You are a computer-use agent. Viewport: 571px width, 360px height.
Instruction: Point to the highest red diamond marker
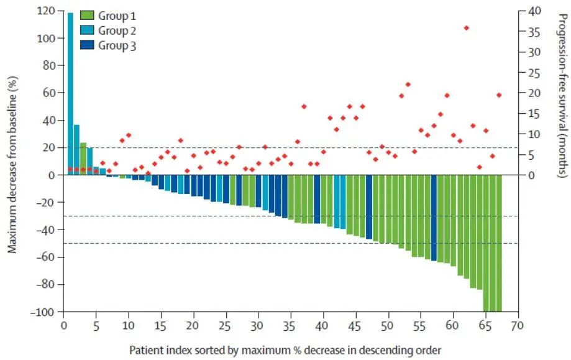tap(466, 28)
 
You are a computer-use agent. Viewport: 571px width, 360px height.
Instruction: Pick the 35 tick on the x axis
tap(290, 325)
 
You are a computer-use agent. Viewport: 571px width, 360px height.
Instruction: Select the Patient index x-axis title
tap(285, 350)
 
